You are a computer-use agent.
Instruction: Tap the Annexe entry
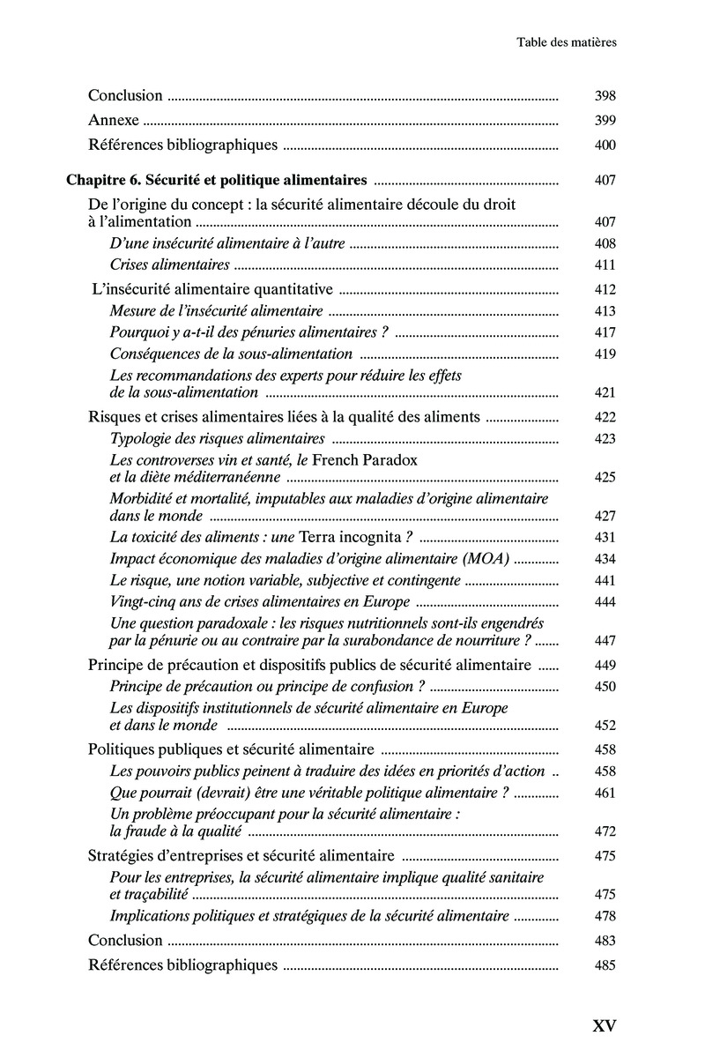(114, 121)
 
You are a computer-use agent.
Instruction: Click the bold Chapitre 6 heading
(217, 181)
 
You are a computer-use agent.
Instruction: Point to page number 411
(605, 264)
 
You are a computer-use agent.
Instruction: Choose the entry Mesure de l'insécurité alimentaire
(217, 310)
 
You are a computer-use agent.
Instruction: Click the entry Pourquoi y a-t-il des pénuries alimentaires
(249, 332)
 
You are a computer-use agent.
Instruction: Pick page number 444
(605, 602)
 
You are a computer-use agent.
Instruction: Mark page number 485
(605, 965)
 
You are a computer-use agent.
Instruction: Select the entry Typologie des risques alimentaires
(217, 439)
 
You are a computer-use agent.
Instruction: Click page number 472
(605, 831)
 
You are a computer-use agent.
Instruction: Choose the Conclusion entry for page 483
(126, 941)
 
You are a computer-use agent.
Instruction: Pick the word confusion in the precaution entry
(374, 686)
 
